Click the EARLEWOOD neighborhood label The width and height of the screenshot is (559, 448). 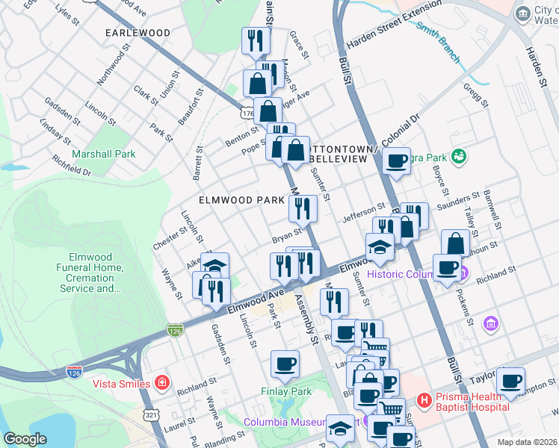tap(138, 33)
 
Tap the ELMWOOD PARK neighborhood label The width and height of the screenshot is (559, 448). tap(241, 200)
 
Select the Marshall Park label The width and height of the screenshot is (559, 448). tap(104, 155)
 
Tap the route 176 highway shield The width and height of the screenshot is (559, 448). tap(247, 112)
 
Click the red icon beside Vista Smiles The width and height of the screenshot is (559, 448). tap(161, 384)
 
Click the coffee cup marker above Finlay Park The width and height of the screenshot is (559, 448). tap(285, 364)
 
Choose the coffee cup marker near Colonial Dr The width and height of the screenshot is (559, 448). tap(396, 160)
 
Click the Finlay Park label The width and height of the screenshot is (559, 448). tap(285, 391)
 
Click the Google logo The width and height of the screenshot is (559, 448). tap(25, 439)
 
